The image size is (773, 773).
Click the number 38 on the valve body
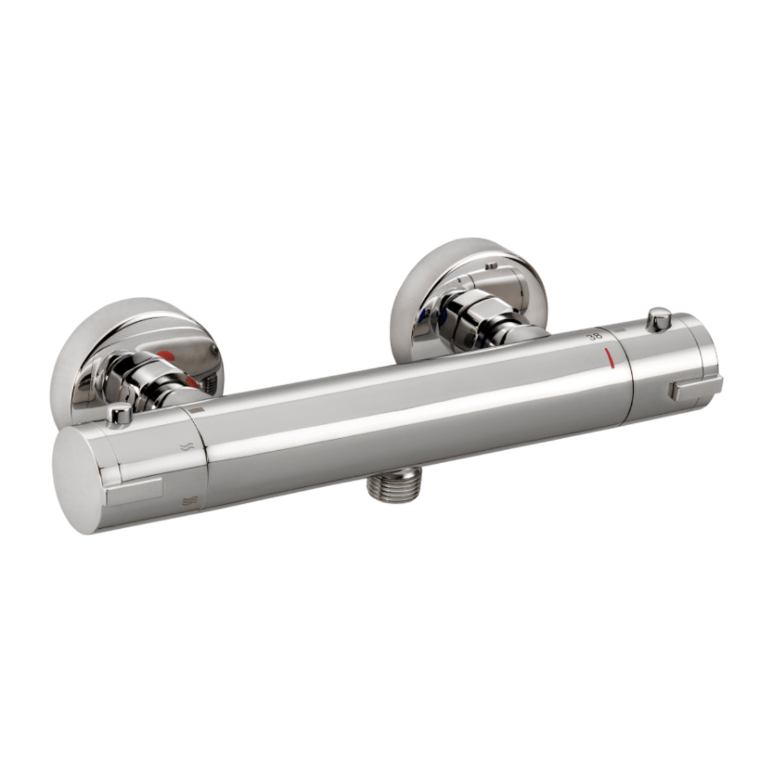click(x=594, y=337)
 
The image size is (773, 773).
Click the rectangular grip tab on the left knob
click(x=135, y=490)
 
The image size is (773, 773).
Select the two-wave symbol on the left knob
click(x=187, y=447)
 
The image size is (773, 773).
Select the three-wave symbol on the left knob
click(x=187, y=501)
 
